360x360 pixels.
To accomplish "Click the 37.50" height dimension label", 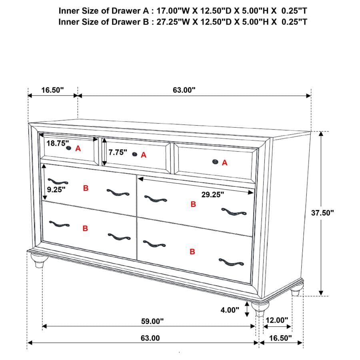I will click(322, 213).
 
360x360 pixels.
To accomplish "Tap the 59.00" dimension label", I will click(153, 321).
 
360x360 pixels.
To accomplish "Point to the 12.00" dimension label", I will click(277, 320).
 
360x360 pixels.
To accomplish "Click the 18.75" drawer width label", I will click(58, 143).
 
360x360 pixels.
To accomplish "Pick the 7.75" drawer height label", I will click(118, 152).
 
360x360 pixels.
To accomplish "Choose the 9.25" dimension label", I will click(56, 190).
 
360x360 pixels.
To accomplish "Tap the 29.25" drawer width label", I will click(212, 194).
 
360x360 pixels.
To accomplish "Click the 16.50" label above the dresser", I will click(52, 90).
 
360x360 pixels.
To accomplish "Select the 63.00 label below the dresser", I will click(150, 338).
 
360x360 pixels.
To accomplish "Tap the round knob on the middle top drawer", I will click(135, 154).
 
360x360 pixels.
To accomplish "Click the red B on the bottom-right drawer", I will click(192, 252).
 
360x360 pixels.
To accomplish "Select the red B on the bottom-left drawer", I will click(85, 228).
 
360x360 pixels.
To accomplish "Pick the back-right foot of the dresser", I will click(295, 292).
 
